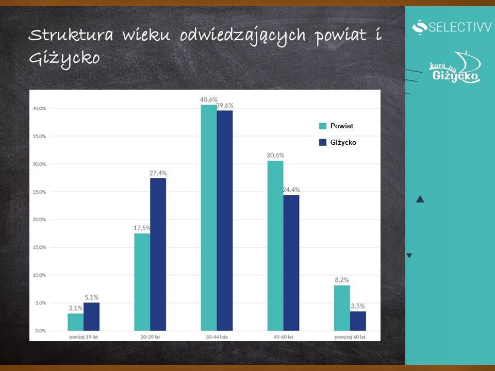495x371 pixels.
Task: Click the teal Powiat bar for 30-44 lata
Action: (209, 217)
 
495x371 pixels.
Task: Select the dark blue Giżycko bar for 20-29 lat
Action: (158, 254)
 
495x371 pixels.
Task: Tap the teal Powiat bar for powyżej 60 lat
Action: (342, 308)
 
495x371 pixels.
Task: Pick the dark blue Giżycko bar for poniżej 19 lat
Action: (92, 316)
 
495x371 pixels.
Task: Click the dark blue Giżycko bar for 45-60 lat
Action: (291, 263)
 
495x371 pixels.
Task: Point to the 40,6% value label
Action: (209, 99)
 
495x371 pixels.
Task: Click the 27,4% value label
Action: (158, 173)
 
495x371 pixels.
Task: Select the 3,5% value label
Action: (358, 306)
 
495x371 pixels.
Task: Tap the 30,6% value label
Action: (275, 155)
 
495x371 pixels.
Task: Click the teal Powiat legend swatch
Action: (323, 126)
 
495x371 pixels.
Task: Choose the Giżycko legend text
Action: (343, 142)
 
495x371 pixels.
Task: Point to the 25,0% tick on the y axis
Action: (39, 192)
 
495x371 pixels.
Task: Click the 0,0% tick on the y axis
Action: (40, 331)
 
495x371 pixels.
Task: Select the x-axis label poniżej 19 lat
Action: (84, 337)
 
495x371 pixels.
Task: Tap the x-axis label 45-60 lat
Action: (284, 337)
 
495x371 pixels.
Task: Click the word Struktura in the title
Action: (71, 35)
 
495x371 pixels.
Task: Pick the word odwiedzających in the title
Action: (243, 36)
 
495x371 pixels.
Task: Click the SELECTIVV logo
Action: (452, 27)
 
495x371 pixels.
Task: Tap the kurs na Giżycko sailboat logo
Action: (455, 67)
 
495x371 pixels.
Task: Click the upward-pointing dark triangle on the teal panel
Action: (420, 199)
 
